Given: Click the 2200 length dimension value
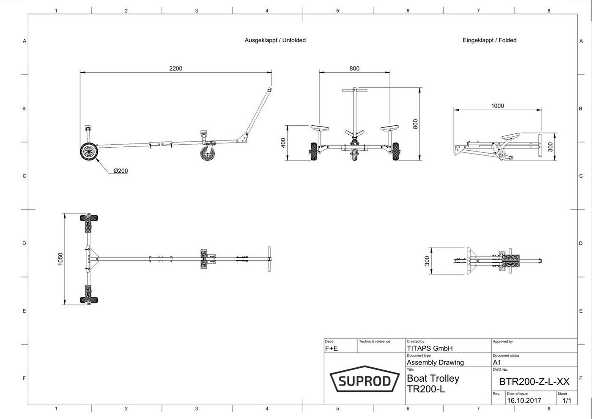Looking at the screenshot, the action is [x=176, y=69].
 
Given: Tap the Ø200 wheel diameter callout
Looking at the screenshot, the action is [x=121, y=171].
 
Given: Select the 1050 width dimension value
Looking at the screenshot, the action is [x=60, y=259].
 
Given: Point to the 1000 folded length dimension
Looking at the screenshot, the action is [x=497, y=106].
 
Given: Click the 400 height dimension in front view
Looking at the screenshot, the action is [x=283, y=143].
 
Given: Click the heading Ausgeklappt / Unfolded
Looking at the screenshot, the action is [x=275, y=40].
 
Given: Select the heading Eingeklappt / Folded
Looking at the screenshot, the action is [x=490, y=40].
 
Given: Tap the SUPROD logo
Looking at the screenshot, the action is [x=365, y=379].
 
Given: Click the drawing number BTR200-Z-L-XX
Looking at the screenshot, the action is [x=534, y=381].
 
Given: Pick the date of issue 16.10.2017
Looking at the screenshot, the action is [x=524, y=400].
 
